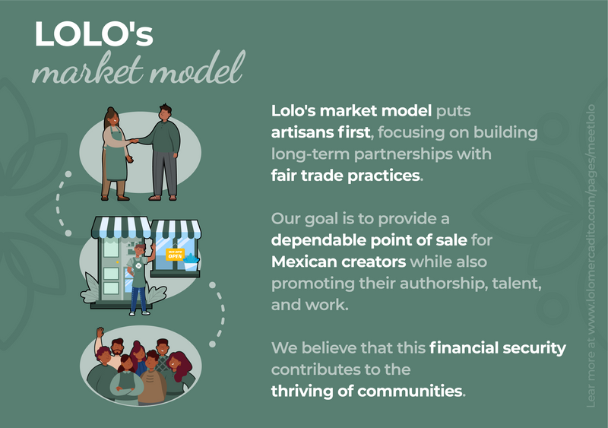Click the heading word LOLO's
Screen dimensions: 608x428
(x=93, y=34)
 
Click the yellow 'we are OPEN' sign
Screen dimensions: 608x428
(x=175, y=254)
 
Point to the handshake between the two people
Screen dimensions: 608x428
(x=133, y=141)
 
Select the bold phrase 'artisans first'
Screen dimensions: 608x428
(x=321, y=133)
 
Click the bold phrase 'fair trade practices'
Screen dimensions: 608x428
(x=346, y=176)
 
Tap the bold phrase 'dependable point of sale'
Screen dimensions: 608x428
(x=369, y=240)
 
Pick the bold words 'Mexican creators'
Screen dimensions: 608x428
(x=338, y=262)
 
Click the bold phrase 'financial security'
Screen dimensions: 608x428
(x=498, y=348)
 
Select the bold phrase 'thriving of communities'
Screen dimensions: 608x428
(x=366, y=392)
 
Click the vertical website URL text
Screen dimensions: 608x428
(x=591, y=255)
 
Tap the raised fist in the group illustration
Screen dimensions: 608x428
(x=100, y=331)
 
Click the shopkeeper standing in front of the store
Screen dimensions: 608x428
(x=139, y=278)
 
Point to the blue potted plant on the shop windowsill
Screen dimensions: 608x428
(x=191, y=262)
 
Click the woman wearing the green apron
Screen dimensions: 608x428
(x=116, y=154)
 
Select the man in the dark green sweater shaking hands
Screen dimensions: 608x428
(x=162, y=152)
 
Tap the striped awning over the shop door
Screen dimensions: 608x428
(x=121, y=227)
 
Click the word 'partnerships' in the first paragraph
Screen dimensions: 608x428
(x=404, y=154)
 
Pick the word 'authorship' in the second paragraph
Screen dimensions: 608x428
(x=442, y=284)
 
